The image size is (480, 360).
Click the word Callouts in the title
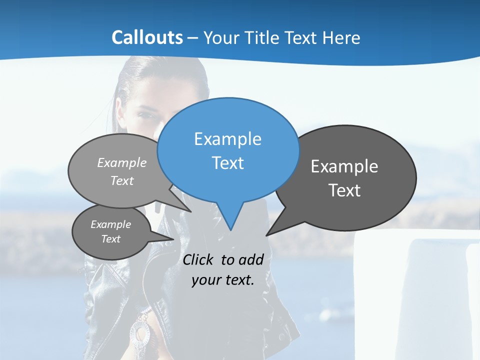click(147, 37)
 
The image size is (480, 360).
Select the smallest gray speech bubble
click(111, 231)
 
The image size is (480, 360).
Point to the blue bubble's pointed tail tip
click(230, 229)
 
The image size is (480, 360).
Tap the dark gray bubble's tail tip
click(267, 234)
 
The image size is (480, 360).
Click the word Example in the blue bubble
click(227, 139)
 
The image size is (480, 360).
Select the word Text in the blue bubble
click(227, 163)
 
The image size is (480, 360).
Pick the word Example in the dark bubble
click(344, 166)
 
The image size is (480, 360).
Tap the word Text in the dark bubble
click(344, 190)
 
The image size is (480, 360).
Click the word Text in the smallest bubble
click(111, 239)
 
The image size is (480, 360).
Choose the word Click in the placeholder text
click(198, 260)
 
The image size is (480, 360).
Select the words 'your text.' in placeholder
click(223, 280)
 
